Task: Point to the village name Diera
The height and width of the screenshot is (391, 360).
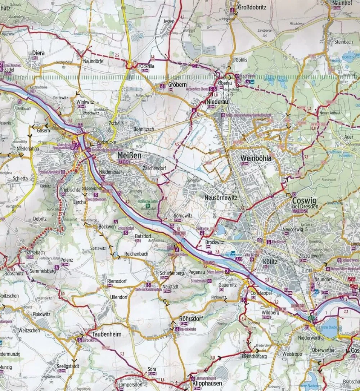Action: tap(38, 53)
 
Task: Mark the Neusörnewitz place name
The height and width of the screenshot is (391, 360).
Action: tap(220, 197)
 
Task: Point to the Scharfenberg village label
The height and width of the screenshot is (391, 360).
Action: tap(172, 273)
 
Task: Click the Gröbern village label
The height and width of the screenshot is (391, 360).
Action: tap(177, 85)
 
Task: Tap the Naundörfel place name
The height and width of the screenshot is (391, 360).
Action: tap(94, 62)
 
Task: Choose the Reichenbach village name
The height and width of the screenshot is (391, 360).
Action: tap(136, 254)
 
